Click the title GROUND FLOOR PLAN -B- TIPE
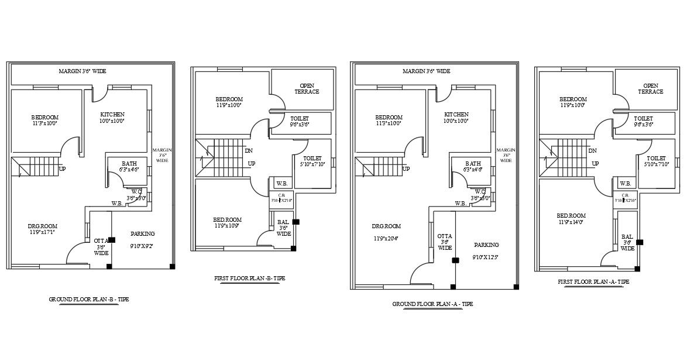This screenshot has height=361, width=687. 89,299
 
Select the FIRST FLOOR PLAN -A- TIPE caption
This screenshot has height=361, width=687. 593,281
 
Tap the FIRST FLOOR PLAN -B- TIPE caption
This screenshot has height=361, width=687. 249,279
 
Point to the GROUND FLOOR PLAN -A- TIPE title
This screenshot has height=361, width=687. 432,304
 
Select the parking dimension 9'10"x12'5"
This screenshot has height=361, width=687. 486,257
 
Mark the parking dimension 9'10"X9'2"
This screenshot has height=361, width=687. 142,246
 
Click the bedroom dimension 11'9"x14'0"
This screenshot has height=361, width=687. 572,222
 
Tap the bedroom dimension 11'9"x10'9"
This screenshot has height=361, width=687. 228,226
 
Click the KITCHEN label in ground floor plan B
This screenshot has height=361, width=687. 112,114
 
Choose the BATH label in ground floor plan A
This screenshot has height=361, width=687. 473,163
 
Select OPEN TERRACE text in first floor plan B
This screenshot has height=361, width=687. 307,89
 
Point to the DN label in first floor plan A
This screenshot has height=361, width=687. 593,150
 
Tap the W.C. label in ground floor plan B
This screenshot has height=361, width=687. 136,191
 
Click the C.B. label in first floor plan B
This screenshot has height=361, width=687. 281,195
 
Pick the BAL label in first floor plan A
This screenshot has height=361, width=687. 627,237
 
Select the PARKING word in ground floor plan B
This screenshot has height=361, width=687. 143,233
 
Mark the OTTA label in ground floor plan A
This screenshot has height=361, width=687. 444,236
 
